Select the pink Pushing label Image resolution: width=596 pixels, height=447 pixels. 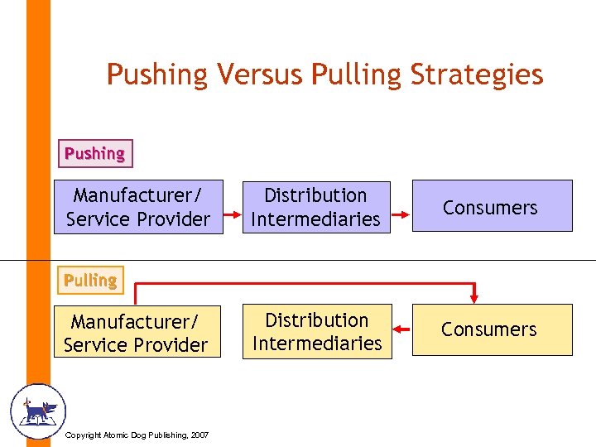[x=95, y=153]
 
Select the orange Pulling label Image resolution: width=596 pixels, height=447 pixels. [x=90, y=281]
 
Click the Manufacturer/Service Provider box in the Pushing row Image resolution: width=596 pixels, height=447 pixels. [x=138, y=207]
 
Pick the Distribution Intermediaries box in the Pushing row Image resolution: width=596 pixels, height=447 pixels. [x=315, y=207]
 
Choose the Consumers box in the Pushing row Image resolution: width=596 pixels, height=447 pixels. [x=492, y=207]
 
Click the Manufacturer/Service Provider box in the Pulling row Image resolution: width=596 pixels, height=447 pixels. [x=137, y=333]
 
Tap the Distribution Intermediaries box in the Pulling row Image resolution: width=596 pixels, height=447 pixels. [x=317, y=332]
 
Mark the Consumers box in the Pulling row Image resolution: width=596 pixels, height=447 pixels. [x=492, y=329]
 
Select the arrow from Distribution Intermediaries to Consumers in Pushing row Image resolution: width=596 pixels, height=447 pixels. [x=401, y=214]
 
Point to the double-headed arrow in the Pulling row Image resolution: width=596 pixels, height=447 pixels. [x=401, y=329]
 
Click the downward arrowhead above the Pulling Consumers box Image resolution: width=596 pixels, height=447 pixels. [x=473, y=298]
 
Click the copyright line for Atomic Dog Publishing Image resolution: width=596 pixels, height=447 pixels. [x=137, y=435]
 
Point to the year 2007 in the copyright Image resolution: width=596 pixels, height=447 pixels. [x=199, y=435]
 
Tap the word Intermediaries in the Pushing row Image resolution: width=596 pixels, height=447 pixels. [x=315, y=219]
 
